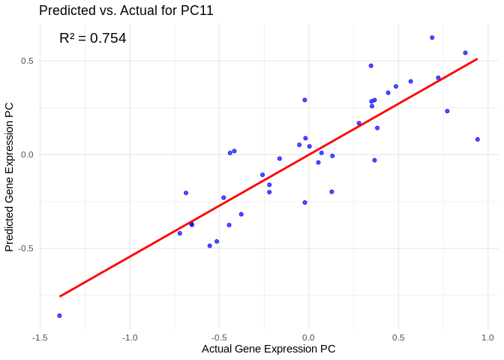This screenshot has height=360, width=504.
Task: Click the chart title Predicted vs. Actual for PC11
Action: (126, 10)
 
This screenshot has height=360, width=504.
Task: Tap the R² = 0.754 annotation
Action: (92, 38)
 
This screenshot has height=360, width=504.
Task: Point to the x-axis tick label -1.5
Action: (40, 337)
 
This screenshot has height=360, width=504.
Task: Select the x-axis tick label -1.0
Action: (130, 337)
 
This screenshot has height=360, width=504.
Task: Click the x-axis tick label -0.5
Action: (219, 337)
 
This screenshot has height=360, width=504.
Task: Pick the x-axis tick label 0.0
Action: (308, 337)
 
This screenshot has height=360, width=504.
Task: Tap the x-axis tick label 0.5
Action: (398, 337)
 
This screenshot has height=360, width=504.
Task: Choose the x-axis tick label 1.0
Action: (487, 337)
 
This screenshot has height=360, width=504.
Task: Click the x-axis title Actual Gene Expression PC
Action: (268, 349)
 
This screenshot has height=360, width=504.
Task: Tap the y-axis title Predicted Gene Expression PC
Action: (9, 177)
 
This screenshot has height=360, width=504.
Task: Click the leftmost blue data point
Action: (59, 316)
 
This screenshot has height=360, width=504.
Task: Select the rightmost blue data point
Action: (477, 139)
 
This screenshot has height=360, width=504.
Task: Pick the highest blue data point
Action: (432, 37)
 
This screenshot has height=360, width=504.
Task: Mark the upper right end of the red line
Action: (477, 58)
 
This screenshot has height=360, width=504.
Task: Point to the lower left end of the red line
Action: (60, 296)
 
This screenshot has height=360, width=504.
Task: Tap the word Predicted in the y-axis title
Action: (9, 226)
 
